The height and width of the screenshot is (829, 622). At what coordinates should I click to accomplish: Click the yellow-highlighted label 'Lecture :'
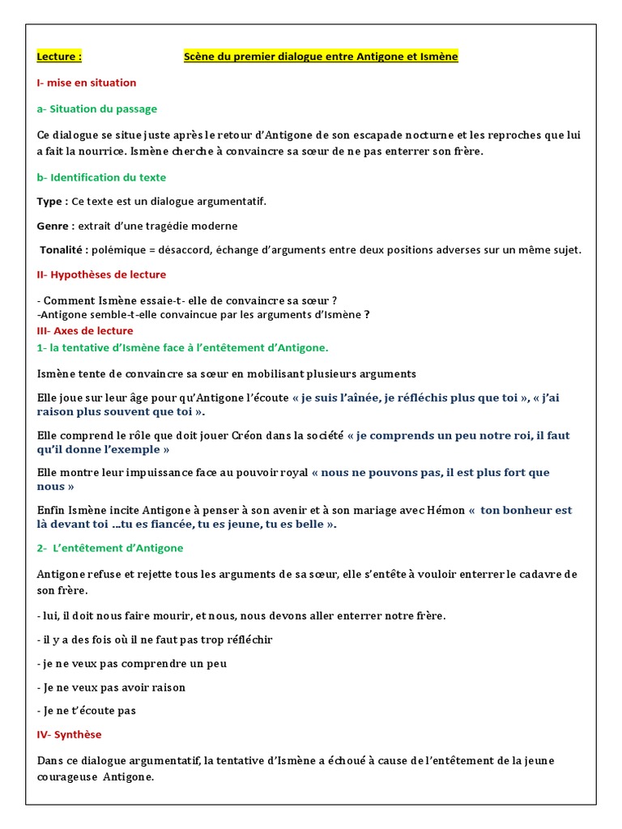(59, 57)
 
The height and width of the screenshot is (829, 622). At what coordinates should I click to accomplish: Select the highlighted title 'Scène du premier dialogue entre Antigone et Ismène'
(321, 57)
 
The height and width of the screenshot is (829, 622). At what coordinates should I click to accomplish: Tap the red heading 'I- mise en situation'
(87, 83)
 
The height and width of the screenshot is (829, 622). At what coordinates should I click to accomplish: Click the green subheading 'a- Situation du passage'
(97, 108)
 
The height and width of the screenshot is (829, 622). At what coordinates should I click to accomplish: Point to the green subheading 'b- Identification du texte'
(102, 177)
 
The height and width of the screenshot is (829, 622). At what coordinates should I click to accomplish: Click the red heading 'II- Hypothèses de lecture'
(101, 274)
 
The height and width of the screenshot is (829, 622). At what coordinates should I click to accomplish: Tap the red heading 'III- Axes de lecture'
(85, 331)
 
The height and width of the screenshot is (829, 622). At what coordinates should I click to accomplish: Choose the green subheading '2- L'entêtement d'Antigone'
(110, 548)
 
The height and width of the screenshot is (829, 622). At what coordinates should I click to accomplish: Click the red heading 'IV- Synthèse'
(70, 734)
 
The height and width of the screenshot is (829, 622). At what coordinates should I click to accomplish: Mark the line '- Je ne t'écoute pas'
(87, 711)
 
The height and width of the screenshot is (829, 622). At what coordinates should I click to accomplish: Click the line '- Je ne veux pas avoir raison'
(112, 687)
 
